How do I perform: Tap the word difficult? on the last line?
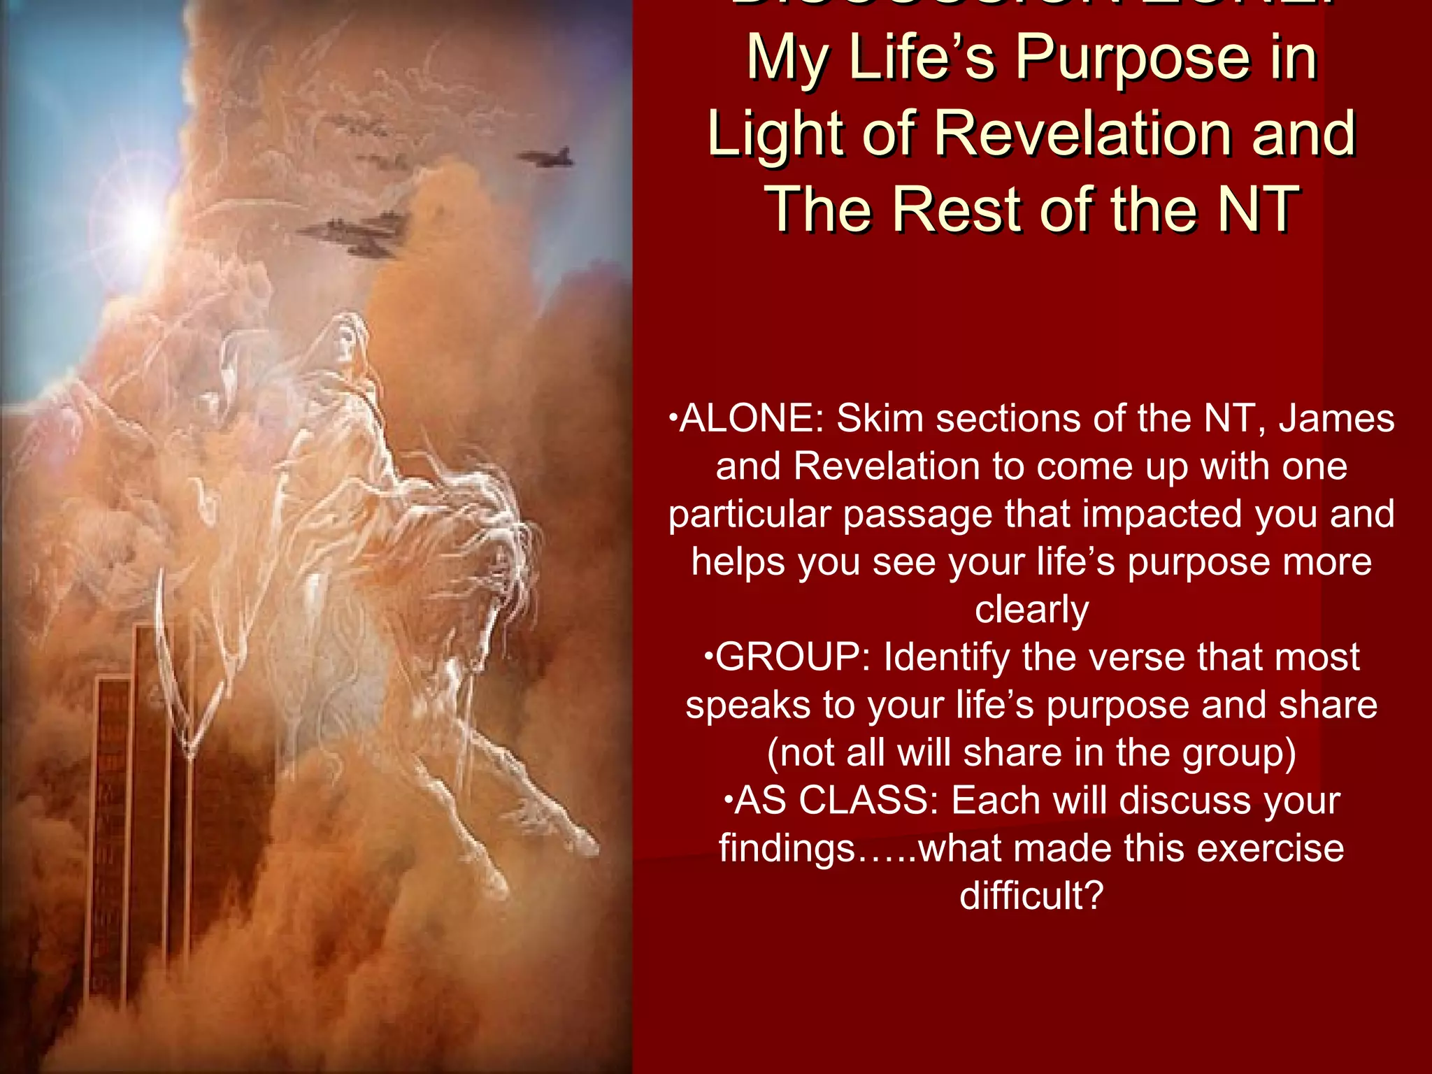(1031, 896)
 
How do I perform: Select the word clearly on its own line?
(1031, 610)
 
